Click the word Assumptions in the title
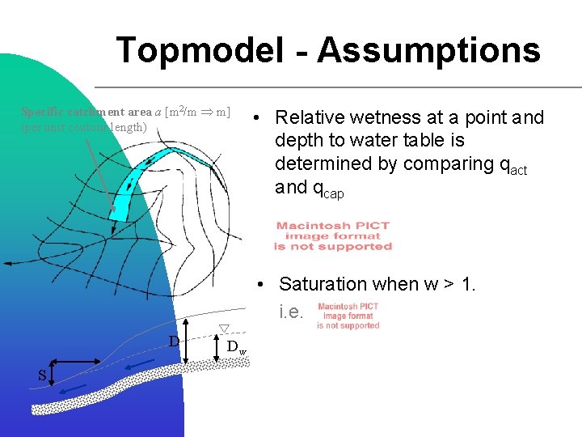pyautogui.click(x=428, y=50)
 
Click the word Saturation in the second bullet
pyautogui.click(x=323, y=284)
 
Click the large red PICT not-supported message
pyautogui.click(x=332, y=236)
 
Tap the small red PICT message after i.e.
pyautogui.click(x=348, y=316)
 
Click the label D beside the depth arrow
pyautogui.click(x=173, y=341)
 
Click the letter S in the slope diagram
pyautogui.click(x=42, y=375)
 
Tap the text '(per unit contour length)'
pyautogui.click(x=84, y=127)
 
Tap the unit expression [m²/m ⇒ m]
pyautogui.click(x=197, y=111)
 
